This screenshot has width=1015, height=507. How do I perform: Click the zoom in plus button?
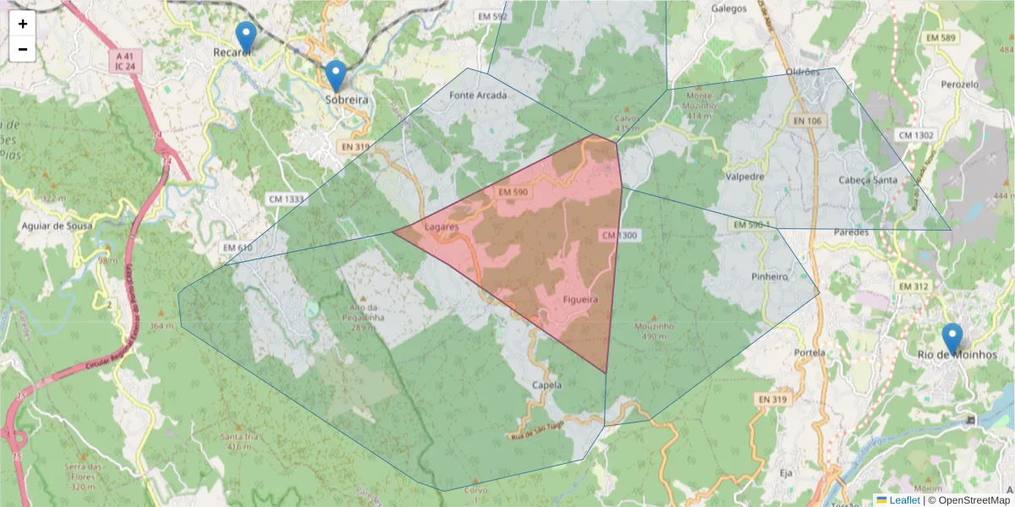click(23, 24)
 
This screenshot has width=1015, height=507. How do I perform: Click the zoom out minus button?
click(23, 49)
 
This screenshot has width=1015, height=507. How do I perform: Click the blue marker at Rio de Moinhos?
click(952, 339)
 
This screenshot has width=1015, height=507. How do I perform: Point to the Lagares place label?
click(441, 227)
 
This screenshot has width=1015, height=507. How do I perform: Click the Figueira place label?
click(580, 300)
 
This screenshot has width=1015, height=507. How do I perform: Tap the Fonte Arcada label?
click(478, 95)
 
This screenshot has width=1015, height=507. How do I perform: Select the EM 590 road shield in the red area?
click(513, 193)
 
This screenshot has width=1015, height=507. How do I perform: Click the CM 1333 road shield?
click(285, 199)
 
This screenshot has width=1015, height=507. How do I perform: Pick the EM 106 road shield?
click(808, 122)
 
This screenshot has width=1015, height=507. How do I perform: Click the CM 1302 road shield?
click(916, 135)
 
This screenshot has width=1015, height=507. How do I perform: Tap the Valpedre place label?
click(745, 177)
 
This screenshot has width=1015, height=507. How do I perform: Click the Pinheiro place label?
click(769, 276)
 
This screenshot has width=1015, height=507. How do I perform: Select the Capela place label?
click(547, 384)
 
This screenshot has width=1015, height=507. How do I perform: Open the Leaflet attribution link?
click(903, 500)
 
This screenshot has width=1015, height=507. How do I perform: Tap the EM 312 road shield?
click(914, 286)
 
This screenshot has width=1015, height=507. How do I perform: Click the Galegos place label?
click(729, 8)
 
